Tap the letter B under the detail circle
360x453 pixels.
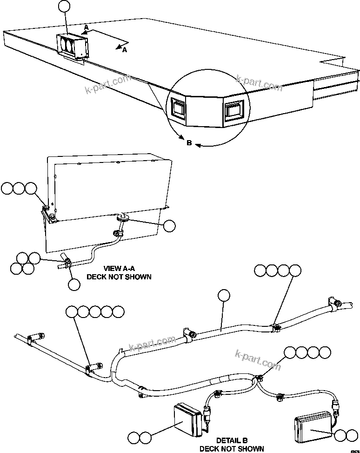189,143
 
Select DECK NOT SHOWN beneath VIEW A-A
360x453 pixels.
119,277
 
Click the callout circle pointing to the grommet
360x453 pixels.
170,225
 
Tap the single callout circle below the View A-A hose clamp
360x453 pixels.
73,284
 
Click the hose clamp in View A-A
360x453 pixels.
66,264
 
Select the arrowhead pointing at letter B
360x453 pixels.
197,145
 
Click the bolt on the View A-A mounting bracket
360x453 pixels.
47,208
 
